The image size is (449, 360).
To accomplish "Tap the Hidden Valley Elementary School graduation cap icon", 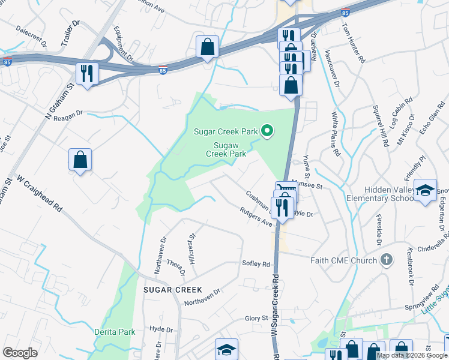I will pyautogui.click(x=425, y=190).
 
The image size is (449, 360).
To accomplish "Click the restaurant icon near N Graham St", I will pyautogui.click(x=87, y=74).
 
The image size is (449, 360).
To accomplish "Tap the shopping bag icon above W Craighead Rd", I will pyautogui.click(x=80, y=160).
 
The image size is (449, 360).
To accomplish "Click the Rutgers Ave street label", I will pyautogui.click(x=256, y=217).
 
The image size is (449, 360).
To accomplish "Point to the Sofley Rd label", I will pyautogui.click(x=256, y=263).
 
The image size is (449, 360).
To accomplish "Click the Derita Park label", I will pyautogui.click(x=115, y=331).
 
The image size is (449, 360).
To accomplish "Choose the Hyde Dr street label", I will pyautogui.click(x=161, y=329).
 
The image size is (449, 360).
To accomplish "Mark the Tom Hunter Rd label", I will pyautogui.click(x=352, y=44).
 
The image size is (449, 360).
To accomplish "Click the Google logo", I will pyautogui.click(x=20, y=353).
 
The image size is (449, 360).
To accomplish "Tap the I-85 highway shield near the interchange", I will pyautogui.click(x=163, y=71).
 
